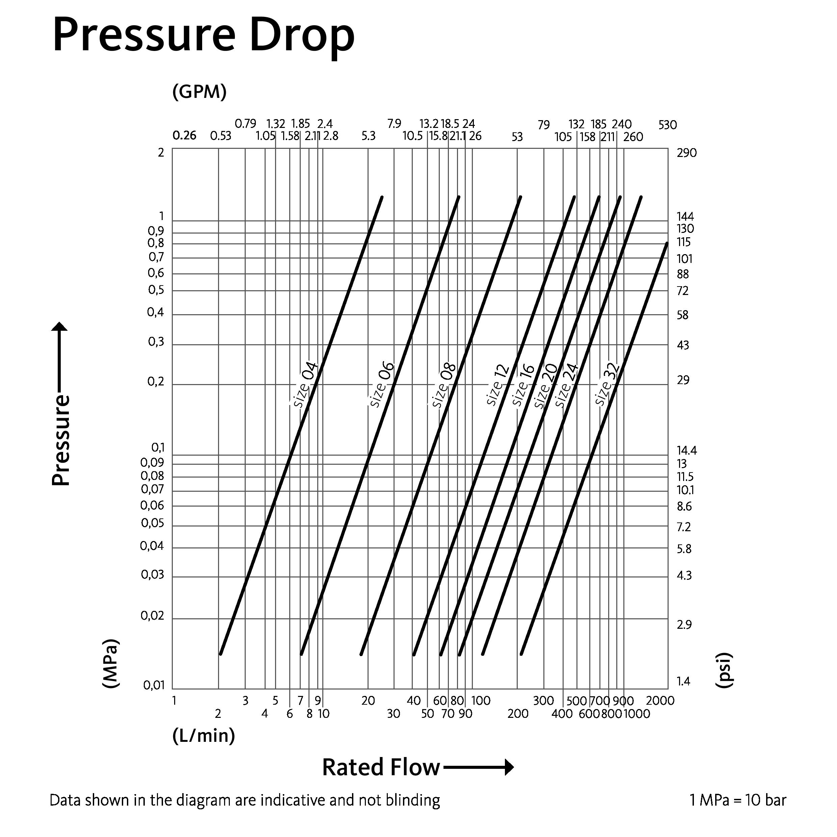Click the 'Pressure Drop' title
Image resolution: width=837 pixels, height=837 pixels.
click(204, 35)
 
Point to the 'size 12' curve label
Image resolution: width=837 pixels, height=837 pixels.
click(498, 385)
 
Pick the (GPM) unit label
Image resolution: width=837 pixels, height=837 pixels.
click(199, 92)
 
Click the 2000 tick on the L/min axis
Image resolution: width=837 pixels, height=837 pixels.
click(660, 701)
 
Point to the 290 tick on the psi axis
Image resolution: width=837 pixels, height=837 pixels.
click(687, 153)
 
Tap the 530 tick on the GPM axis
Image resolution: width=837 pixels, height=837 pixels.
click(667, 125)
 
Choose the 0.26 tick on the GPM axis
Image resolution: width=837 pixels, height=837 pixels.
click(184, 136)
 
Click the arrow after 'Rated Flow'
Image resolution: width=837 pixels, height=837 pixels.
click(479, 767)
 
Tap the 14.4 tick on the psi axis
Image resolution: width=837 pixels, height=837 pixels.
click(687, 451)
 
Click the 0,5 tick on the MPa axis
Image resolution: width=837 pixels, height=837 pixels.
click(156, 290)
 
